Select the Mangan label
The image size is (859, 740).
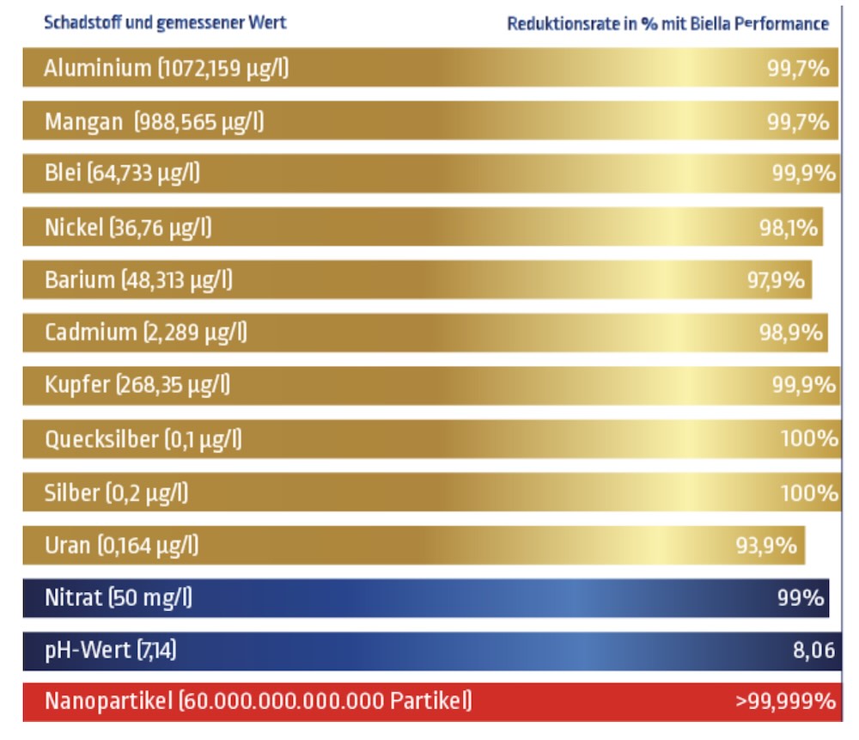pos(83,122)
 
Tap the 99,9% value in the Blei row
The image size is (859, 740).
pos(803,174)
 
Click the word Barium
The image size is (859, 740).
pos(79,280)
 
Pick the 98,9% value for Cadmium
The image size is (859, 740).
pos(790,333)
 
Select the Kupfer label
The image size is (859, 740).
pos(76,386)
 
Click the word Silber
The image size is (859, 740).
pos(71,492)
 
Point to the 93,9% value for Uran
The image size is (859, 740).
pos(766,545)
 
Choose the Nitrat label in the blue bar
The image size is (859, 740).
pos(73,598)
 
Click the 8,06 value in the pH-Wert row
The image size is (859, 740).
pos(813,651)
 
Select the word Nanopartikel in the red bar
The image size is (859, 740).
pos(108,702)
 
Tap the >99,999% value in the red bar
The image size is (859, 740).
pos(785,702)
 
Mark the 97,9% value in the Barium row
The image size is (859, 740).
pos(776,280)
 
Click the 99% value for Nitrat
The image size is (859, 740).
pos(801,598)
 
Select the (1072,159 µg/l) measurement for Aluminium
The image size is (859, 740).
pos(222,69)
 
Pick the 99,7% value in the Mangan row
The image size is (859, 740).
pos(798,122)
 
